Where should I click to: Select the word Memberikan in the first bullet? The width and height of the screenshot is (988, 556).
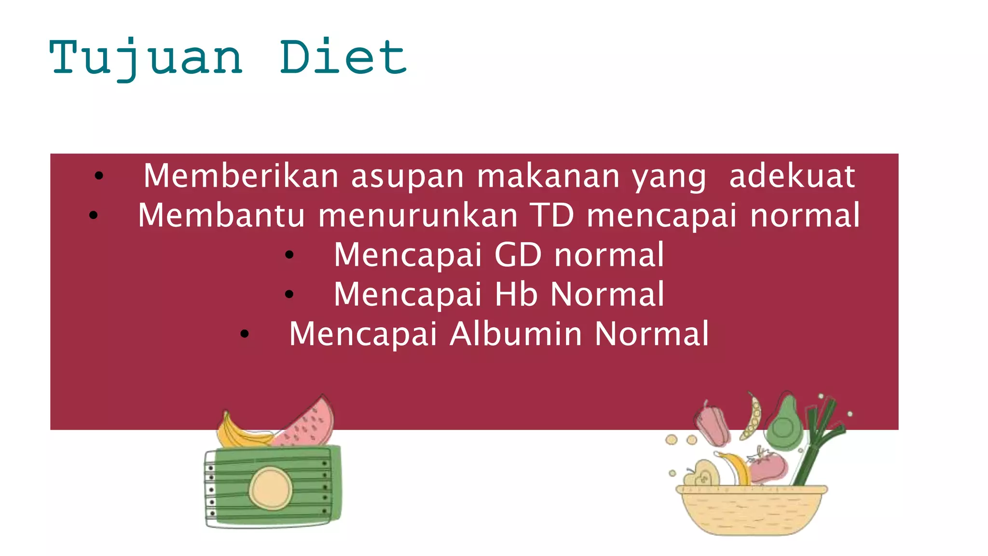[x=241, y=176]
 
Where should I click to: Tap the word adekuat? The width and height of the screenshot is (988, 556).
[x=792, y=176]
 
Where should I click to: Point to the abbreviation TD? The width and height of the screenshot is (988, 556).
[x=552, y=215]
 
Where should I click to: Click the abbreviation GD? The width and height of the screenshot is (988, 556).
[x=518, y=255]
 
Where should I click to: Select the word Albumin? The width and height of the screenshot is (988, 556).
[x=516, y=334]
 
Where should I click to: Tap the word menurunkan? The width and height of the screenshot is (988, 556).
[x=418, y=215]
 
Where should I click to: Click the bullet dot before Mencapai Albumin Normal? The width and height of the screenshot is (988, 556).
[x=245, y=334]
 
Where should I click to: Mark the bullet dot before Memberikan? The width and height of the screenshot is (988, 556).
[x=99, y=176]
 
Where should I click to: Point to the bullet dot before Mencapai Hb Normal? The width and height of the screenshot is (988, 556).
[x=289, y=294]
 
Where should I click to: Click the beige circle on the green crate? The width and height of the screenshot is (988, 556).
[x=270, y=488]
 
